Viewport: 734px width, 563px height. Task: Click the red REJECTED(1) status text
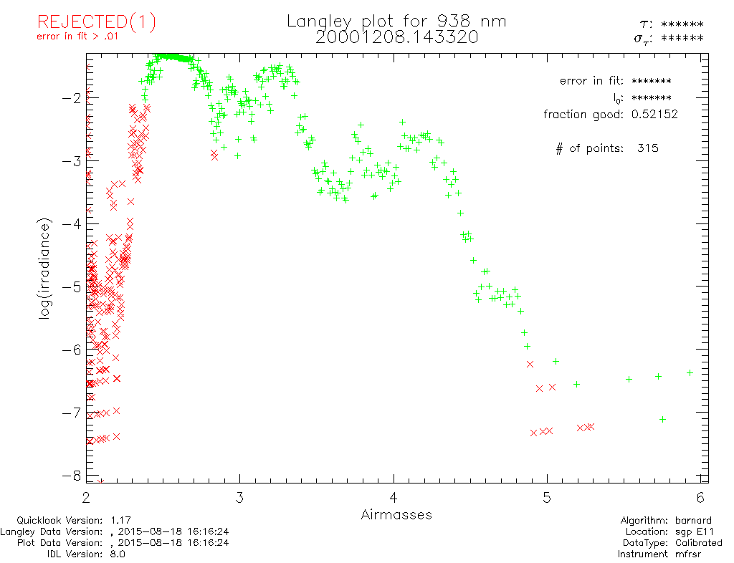(x=96, y=22)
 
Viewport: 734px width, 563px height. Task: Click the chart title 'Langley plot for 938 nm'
(x=396, y=21)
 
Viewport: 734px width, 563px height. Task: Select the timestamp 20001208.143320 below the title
(x=396, y=37)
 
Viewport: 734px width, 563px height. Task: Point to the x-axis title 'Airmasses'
(x=396, y=514)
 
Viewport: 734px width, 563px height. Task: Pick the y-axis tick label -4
(x=71, y=223)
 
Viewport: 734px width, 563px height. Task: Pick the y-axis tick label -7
(x=71, y=413)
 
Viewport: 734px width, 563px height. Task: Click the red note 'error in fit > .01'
(x=77, y=37)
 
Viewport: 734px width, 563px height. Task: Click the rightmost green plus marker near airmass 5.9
(x=690, y=372)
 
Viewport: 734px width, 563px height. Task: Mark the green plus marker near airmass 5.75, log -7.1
(x=663, y=419)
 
